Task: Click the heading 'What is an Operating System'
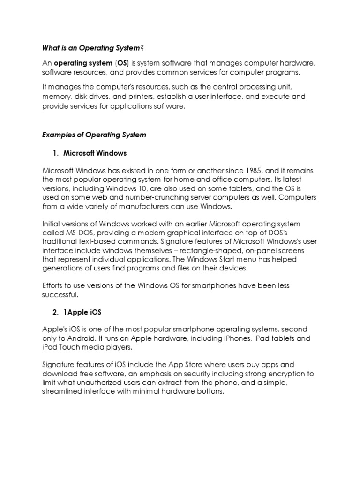pyautogui.click(x=91, y=48)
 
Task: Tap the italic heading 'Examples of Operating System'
pyautogui.click(x=94, y=135)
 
